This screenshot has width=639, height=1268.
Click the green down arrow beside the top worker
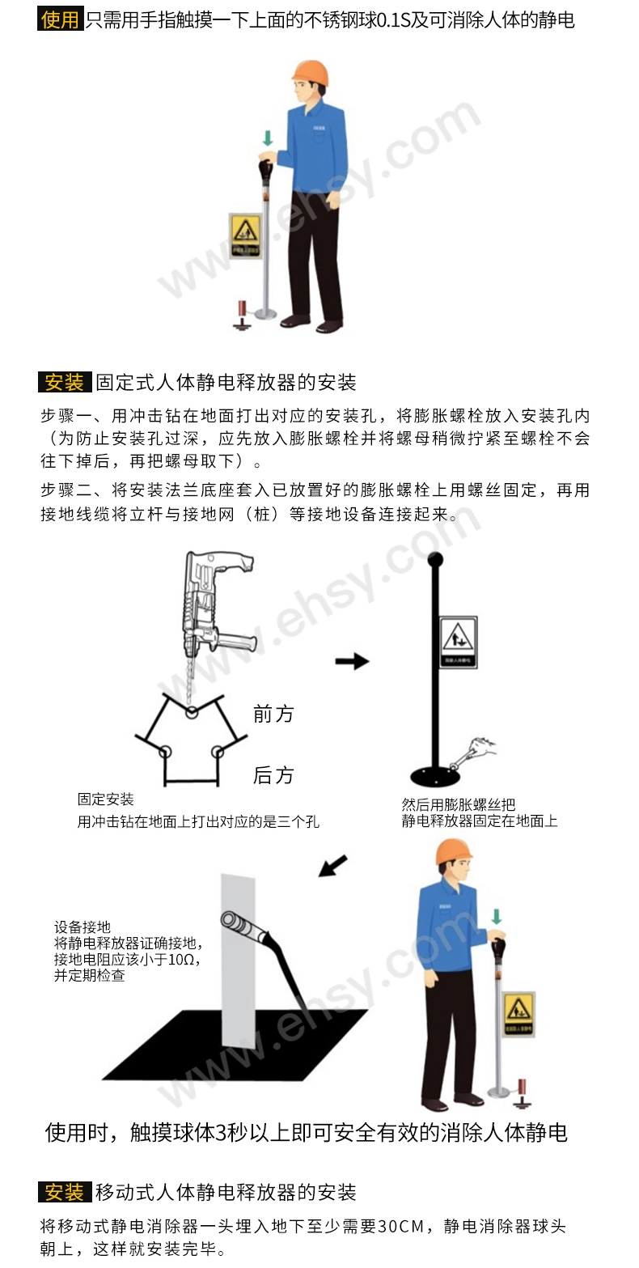267,138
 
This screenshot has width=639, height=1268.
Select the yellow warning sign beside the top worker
245,237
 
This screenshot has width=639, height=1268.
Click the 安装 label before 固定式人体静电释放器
64,382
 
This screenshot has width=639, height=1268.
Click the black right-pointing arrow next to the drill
352,661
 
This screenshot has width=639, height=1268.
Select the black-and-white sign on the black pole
458,642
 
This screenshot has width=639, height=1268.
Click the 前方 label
273,714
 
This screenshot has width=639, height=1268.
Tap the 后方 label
273,775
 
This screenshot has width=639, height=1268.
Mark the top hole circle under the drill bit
191,712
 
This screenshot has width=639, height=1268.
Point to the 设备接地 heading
83,927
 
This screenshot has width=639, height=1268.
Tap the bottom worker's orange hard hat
453,852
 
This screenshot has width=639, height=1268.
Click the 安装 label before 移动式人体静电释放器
64,1192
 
